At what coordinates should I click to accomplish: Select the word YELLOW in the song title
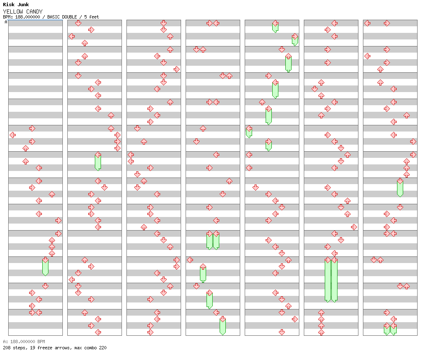[13, 12]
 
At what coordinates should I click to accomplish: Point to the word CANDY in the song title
[34, 12]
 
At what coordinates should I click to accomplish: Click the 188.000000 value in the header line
[28, 17]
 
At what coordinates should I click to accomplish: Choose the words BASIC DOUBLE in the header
[62, 17]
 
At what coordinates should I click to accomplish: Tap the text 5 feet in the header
[92, 17]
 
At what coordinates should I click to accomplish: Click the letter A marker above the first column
[6, 22]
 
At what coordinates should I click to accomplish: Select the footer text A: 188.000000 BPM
[24, 342]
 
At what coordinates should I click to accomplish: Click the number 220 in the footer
[103, 348]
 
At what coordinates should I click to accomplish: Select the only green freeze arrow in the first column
[46, 266]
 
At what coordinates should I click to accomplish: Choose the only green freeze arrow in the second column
[98, 161]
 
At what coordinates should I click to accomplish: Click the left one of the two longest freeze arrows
[328, 279]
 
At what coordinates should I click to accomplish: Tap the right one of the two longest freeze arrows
[334, 279]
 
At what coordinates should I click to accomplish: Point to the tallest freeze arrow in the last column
[400, 187]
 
